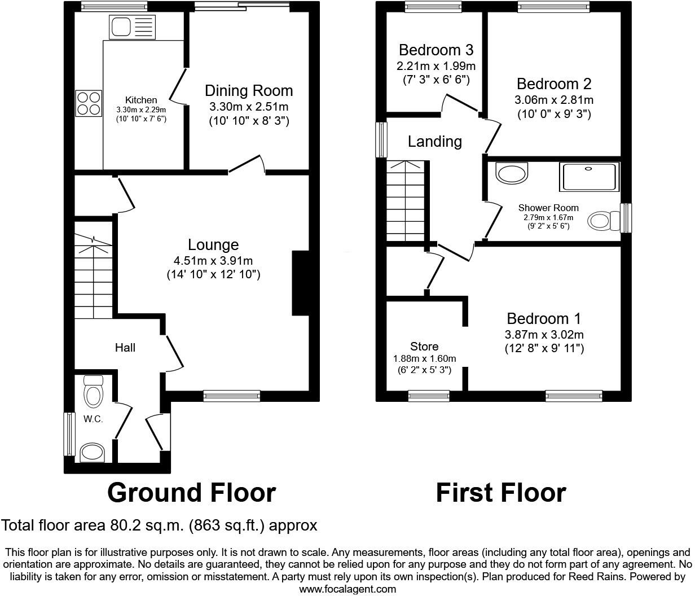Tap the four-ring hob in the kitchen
(89, 103)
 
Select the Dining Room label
(249, 91)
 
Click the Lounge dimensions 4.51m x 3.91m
(213, 260)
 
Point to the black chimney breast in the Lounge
(301, 282)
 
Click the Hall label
(125, 348)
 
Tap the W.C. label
(93, 419)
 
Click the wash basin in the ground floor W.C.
(93, 452)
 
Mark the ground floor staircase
(94, 271)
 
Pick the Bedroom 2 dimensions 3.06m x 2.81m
(553, 100)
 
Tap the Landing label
(434, 141)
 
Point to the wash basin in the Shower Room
(512, 172)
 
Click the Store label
(424, 347)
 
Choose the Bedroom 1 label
(544, 319)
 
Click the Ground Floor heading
(191, 493)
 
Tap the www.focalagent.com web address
(347, 589)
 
